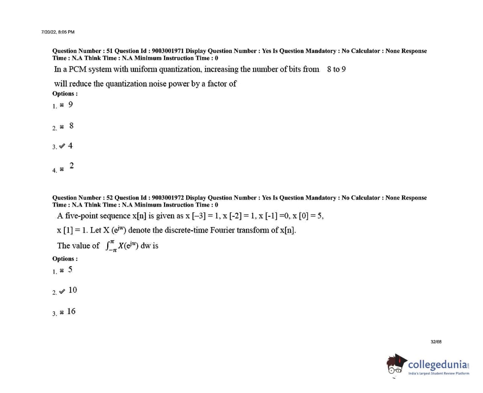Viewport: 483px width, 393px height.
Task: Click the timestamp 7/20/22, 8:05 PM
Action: (x=58, y=32)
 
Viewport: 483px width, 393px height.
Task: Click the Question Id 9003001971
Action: (x=168, y=51)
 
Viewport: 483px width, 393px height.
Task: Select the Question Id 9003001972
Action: (x=168, y=198)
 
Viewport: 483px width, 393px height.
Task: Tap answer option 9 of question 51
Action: (x=70, y=104)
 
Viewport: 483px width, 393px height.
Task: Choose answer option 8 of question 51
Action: (x=71, y=126)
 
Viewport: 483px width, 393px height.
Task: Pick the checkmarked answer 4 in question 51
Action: (x=70, y=146)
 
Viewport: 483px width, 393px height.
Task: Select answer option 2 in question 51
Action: (x=71, y=166)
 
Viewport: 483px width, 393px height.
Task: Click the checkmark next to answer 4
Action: (x=62, y=146)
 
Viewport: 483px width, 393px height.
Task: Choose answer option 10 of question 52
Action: (x=73, y=290)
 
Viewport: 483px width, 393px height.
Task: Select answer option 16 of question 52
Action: (x=71, y=311)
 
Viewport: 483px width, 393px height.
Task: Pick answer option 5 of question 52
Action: (x=70, y=269)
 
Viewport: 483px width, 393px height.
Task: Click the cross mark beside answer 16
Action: (x=62, y=313)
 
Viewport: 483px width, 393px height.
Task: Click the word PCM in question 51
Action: (x=77, y=70)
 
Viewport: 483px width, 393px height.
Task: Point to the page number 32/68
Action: (x=436, y=342)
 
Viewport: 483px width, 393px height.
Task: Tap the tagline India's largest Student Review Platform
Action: (x=439, y=373)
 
